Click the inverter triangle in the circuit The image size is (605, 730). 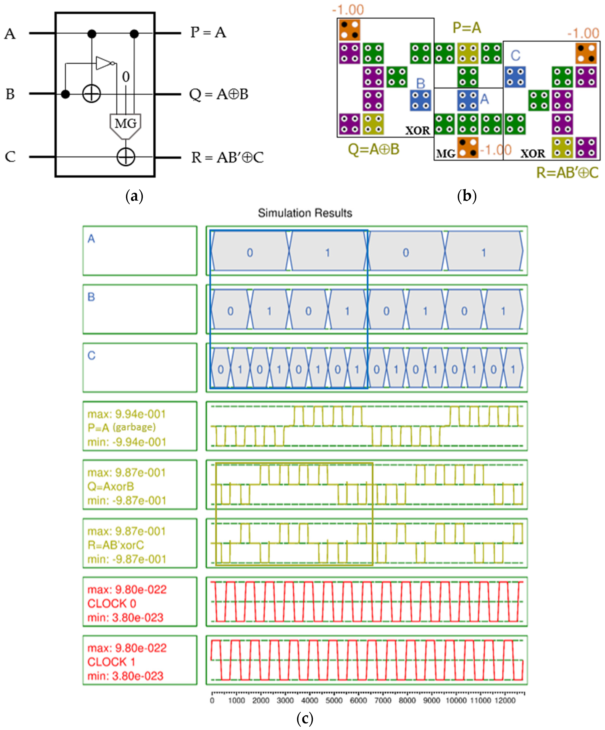click(x=103, y=63)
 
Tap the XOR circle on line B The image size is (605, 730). click(x=91, y=94)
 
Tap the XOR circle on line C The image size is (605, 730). click(x=126, y=157)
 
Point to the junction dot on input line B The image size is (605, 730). click(x=65, y=94)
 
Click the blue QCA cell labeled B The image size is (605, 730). click(x=420, y=100)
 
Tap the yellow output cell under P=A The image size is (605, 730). click(x=468, y=53)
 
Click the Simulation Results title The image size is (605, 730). click(x=305, y=213)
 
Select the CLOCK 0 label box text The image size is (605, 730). click(x=112, y=604)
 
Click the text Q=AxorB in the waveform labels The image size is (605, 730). click(x=111, y=486)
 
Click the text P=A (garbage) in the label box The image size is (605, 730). click(x=121, y=428)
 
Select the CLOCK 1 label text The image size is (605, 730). click(x=111, y=662)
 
